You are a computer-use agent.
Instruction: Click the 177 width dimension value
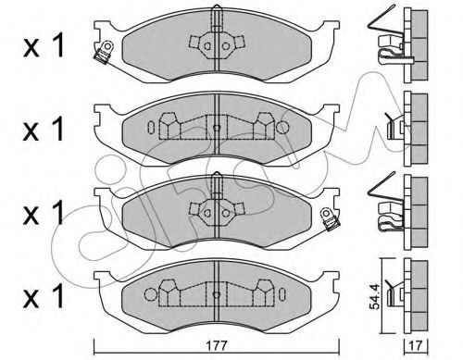217,346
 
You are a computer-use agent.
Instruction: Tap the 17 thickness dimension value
416,346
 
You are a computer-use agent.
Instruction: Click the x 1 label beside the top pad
44,46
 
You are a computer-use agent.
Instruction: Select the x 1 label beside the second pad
44,130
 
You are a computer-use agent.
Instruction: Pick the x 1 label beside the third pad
44,213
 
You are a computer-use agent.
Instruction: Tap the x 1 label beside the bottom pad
44,296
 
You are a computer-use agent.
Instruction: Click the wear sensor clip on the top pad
104,53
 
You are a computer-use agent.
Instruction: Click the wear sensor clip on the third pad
331,218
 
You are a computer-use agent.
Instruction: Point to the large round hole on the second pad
282,127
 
